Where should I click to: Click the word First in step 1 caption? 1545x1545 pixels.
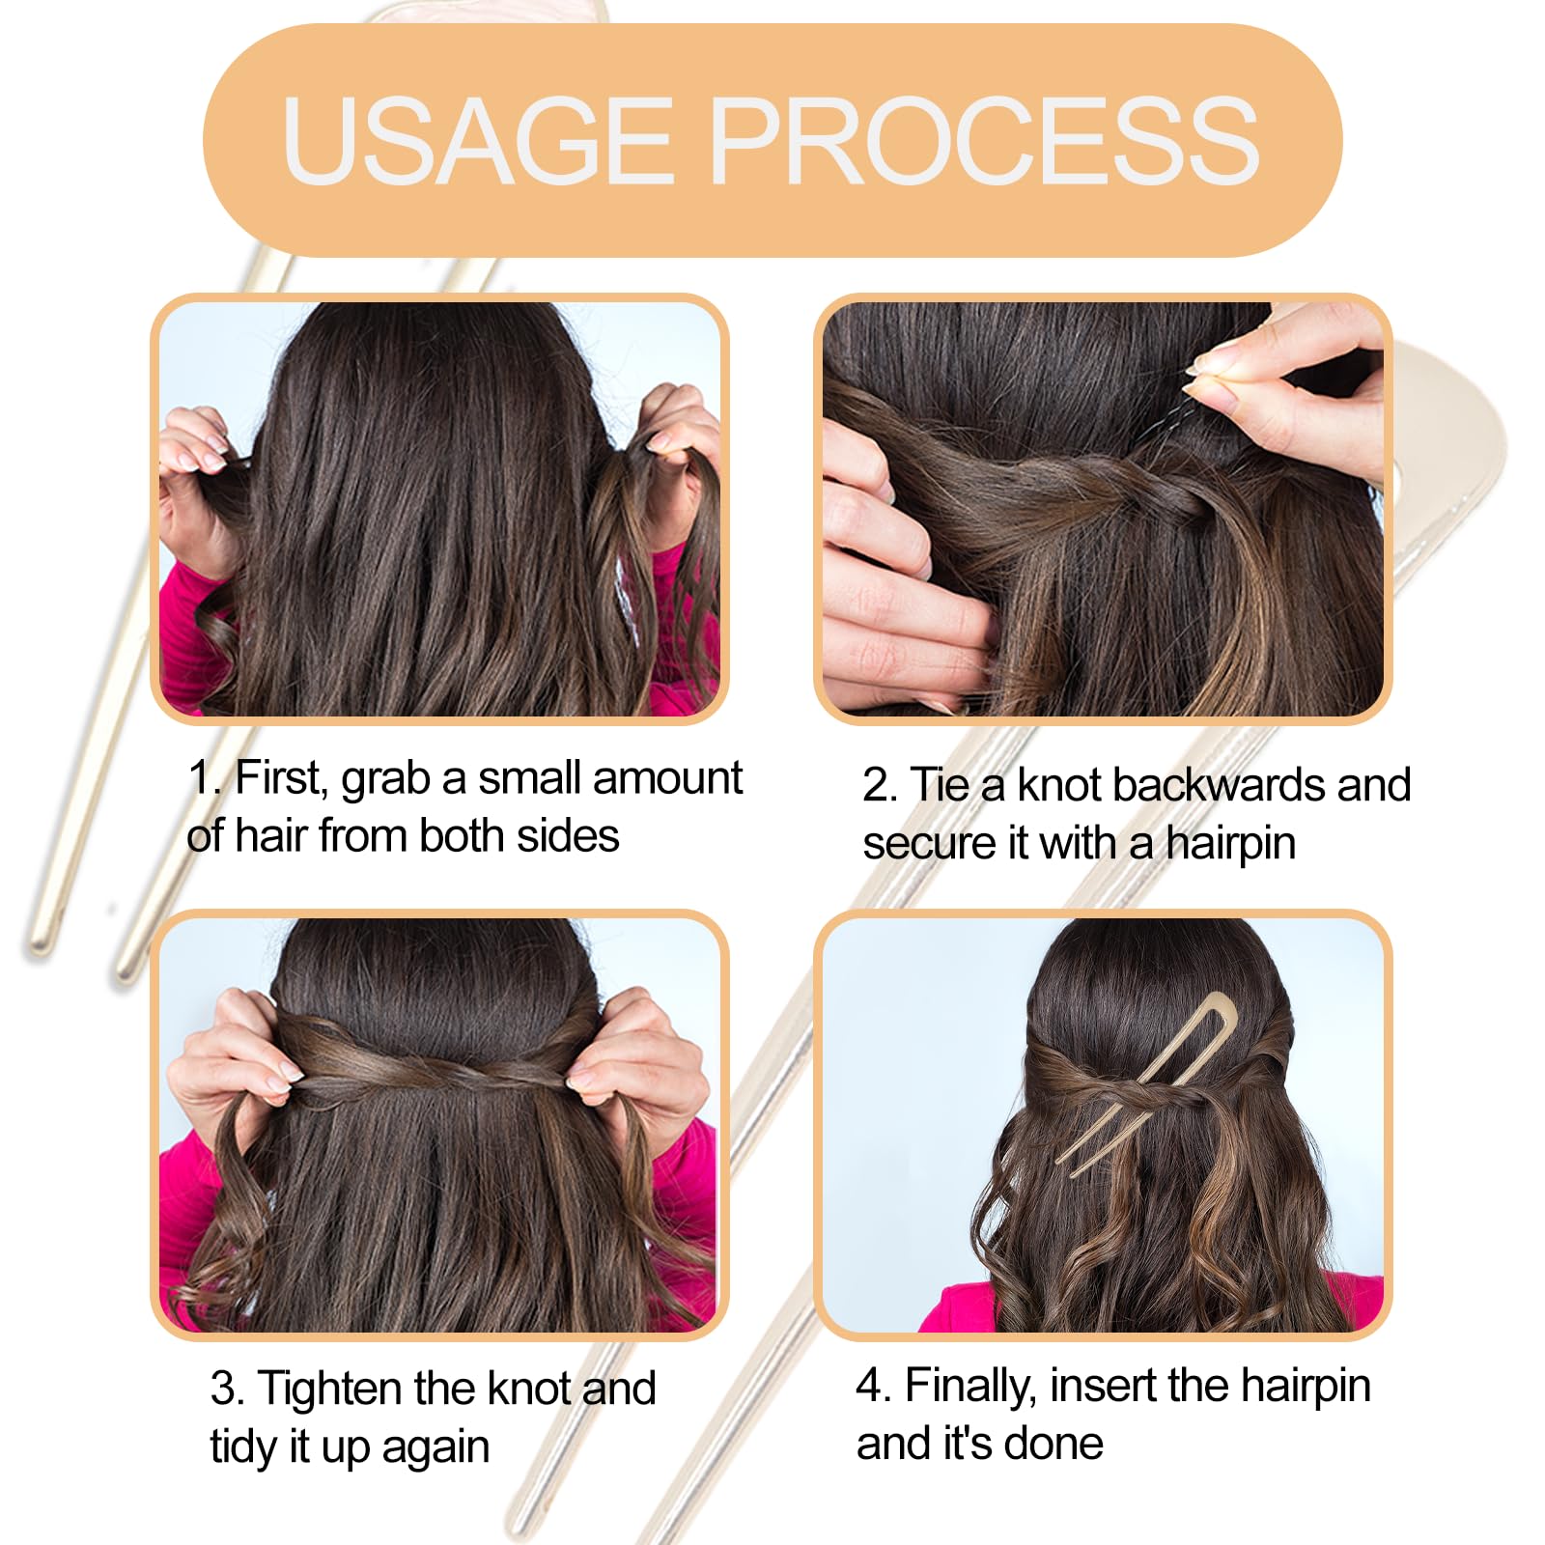(x=281, y=777)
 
